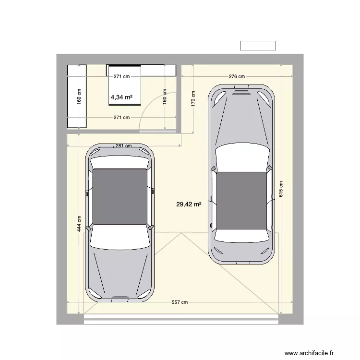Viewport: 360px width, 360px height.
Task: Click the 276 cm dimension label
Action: pyautogui.click(x=237, y=76)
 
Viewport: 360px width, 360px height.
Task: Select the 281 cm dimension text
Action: pyautogui.click(x=123, y=146)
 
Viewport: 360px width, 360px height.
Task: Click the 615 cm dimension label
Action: pyautogui.click(x=281, y=189)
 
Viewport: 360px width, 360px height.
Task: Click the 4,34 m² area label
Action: pyautogui.click(x=121, y=97)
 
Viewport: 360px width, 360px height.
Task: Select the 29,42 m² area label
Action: pyautogui.click(x=188, y=204)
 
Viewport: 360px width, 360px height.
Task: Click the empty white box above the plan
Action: pyautogui.click(x=258, y=46)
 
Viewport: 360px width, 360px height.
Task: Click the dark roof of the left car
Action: pyautogui.click(x=120, y=196)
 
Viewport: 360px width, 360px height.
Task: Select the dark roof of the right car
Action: pyautogui.click(x=242, y=201)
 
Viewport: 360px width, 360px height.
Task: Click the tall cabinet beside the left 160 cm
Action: pyautogui.click(x=77, y=96)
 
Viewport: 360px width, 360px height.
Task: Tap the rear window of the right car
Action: pyautogui.click(x=242, y=236)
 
